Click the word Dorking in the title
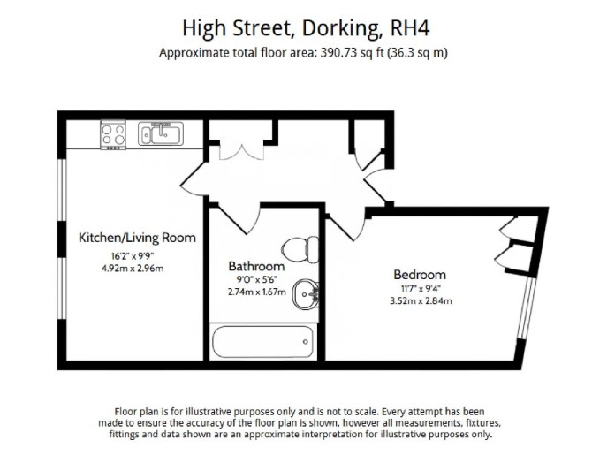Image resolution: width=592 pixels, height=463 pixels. point(341,28)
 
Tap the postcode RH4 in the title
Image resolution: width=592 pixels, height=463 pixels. point(410,28)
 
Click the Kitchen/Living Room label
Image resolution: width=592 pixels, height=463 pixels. point(137,238)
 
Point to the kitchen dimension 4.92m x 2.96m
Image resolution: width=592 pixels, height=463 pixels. point(133,269)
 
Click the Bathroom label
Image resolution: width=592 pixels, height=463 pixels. point(256,266)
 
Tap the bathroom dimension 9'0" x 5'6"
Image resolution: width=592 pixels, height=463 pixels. point(256,280)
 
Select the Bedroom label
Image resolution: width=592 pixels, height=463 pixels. point(420,275)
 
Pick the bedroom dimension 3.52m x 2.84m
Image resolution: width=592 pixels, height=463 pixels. point(421,301)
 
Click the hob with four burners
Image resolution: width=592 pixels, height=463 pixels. point(113,135)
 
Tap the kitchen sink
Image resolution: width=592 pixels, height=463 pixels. point(161,133)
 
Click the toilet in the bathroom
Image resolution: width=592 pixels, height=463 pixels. point(300,250)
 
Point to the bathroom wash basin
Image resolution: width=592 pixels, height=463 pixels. point(305,294)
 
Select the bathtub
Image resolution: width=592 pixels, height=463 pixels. point(262,342)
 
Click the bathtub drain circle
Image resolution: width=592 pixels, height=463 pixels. point(306,342)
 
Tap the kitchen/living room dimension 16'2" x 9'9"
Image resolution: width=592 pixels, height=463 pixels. point(133,256)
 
